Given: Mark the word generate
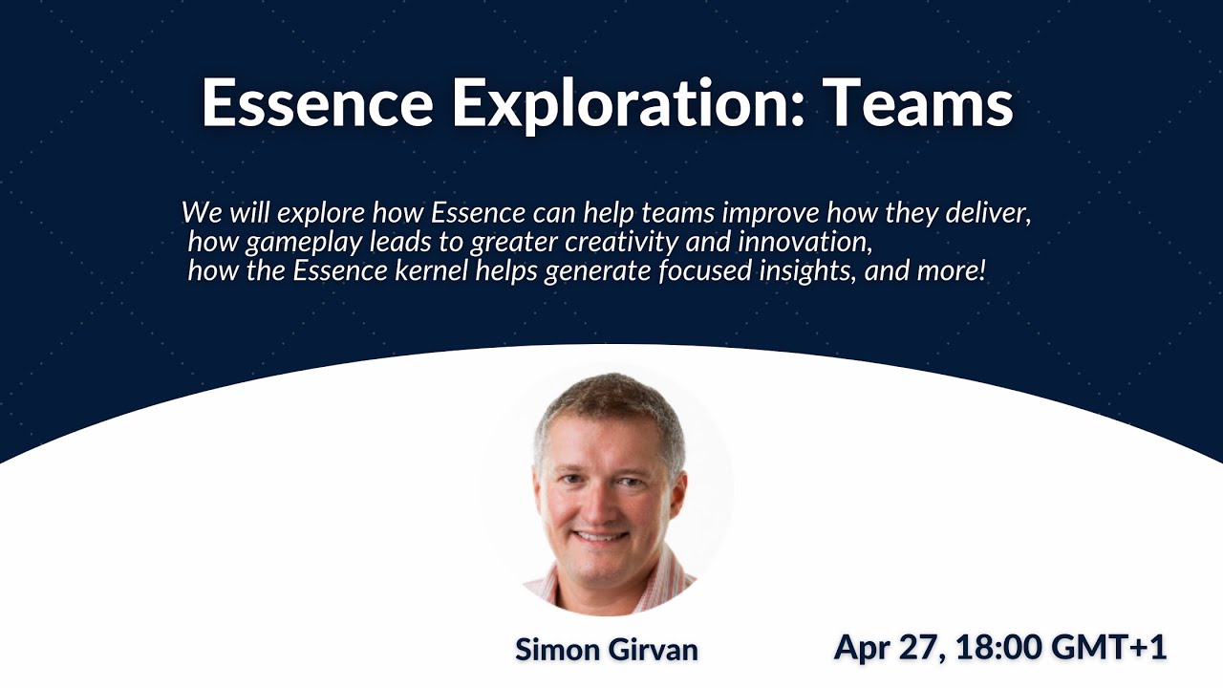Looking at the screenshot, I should (x=597, y=271).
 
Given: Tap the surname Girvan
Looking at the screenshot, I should (x=654, y=650).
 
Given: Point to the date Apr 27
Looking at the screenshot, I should (x=886, y=647).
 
